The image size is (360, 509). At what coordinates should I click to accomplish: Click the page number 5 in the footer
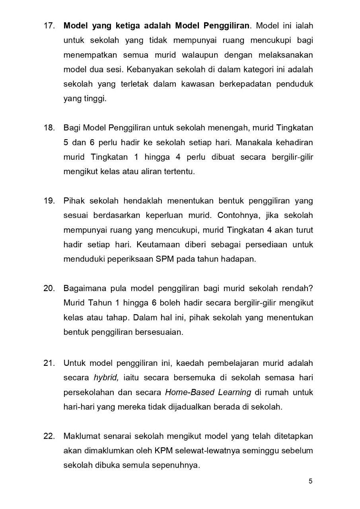tap(310, 481)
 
